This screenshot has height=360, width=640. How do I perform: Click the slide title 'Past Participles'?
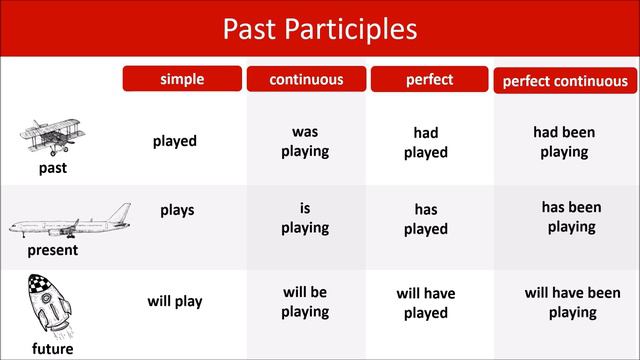[319, 28]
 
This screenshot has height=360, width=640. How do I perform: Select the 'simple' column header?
[182, 79]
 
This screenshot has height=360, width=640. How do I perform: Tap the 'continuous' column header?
[306, 79]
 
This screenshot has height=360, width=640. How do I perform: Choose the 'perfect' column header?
[430, 79]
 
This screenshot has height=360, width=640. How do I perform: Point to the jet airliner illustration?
[70, 222]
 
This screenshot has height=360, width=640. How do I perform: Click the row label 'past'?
[52, 168]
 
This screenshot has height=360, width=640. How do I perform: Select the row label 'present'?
[54, 250]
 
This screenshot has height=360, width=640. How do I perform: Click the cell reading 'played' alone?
[175, 141]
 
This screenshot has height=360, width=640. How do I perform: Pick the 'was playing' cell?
[305, 141]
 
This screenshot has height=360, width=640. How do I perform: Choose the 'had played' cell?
[426, 143]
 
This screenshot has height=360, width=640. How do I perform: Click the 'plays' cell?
[177, 210]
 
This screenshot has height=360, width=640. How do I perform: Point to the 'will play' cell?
[175, 301]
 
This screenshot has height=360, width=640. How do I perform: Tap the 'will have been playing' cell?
[572, 303]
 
